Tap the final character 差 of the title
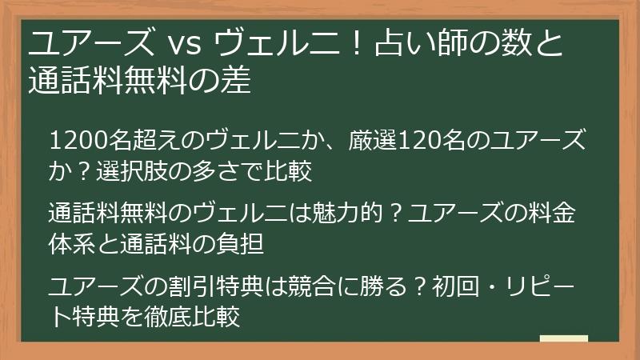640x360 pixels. [237, 81]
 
